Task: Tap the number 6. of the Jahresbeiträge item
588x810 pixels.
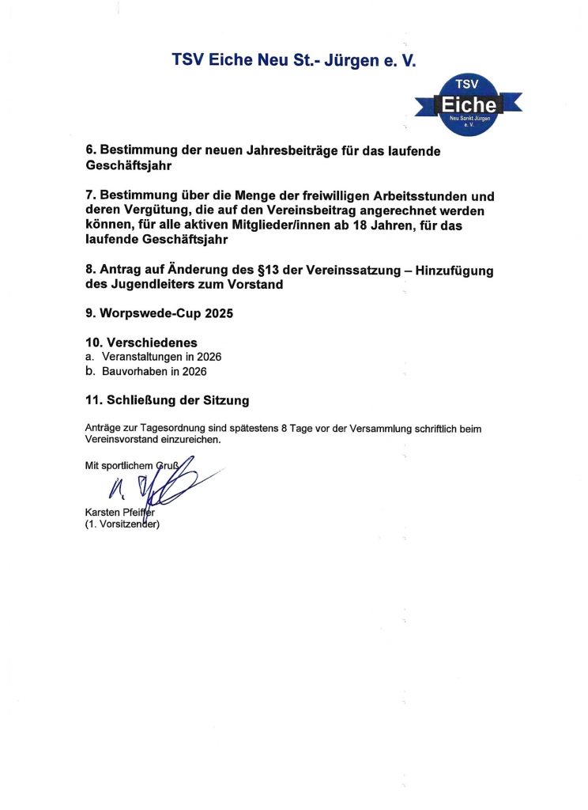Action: [x=90, y=151]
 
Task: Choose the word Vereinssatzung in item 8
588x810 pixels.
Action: [x=341, y=271]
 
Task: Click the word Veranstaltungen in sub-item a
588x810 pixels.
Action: [x=142, y=357]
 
